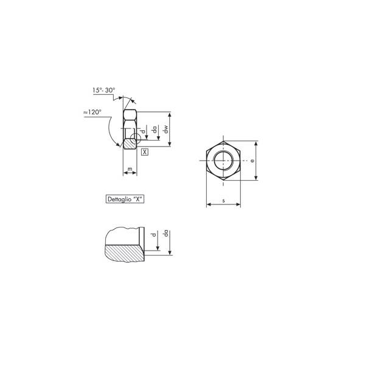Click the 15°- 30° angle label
coord(103,90)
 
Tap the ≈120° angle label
coord(92,113)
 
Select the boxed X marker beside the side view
coord(144,151)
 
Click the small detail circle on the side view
coord(139,139)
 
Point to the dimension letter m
coord(130,168)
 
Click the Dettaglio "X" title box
coord(125,199)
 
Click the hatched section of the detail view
coord(125,252)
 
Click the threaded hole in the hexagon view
coord(223,161)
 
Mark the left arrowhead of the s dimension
coord(209,205)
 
